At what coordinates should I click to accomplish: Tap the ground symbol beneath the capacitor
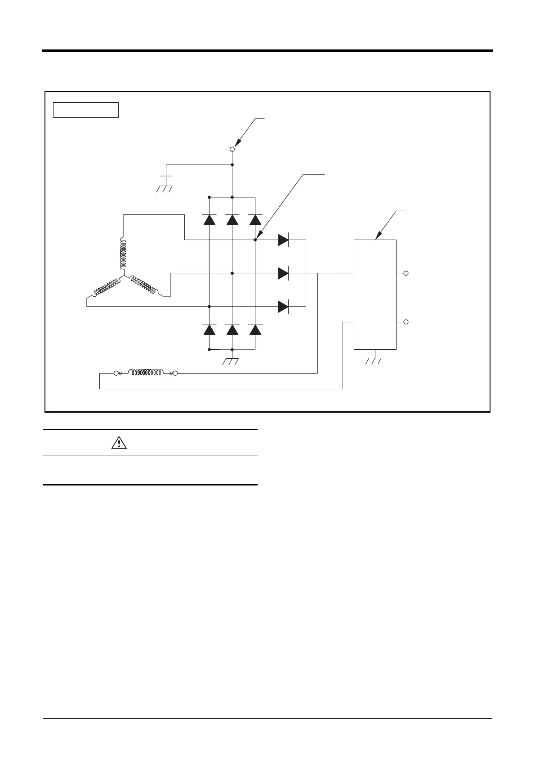point(165,188)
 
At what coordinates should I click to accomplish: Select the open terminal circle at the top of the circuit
point(232,149)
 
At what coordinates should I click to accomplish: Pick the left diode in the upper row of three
point(209,219)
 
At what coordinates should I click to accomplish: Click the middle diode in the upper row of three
point(232,219)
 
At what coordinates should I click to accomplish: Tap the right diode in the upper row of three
point(255,219)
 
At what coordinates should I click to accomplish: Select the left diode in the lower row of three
point(209,330)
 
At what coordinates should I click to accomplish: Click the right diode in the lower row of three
point(255,330)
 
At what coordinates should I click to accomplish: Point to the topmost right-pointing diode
point(283,240)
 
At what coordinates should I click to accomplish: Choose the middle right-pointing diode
point(283,273)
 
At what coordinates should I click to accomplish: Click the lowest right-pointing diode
point(283,307)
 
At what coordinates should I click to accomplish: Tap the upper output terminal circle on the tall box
point(406,273)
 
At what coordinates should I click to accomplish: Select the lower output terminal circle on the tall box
point(406,322)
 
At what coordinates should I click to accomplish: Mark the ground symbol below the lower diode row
point(231,361)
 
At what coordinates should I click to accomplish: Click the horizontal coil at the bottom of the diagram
point(147,373)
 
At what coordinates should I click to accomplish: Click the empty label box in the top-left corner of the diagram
point(85,110)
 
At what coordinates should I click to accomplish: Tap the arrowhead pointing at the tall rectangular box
point(378,235)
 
